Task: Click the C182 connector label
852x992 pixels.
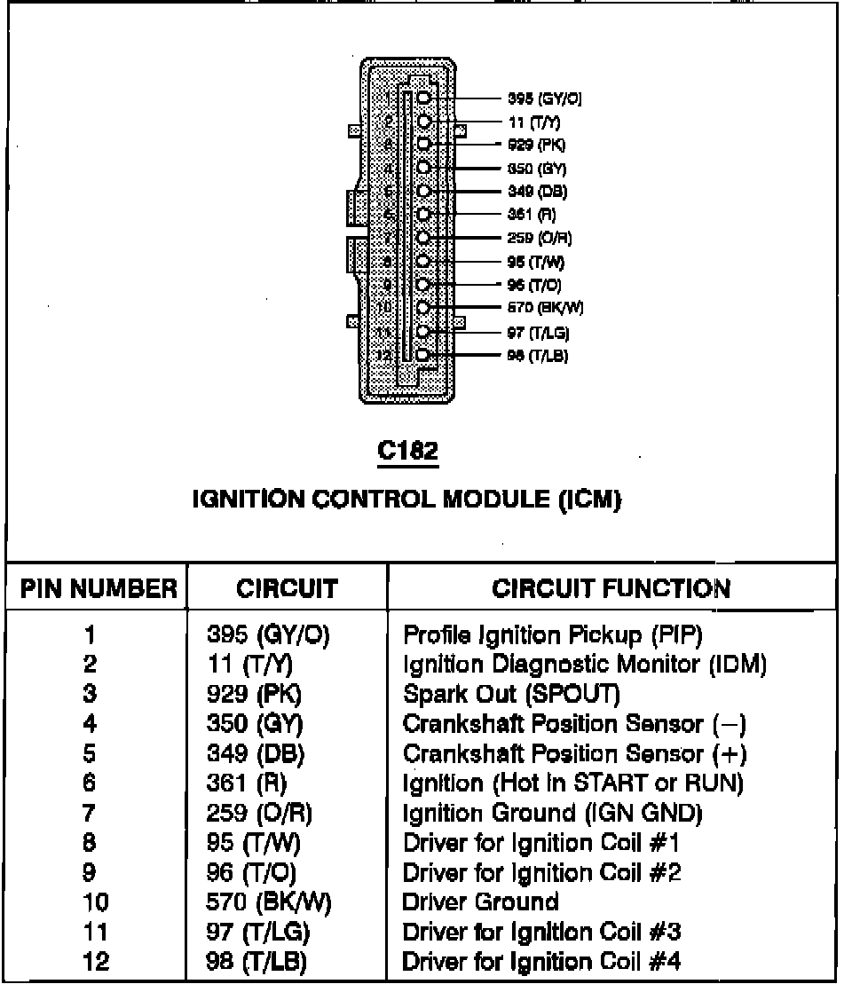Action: click(407, 451)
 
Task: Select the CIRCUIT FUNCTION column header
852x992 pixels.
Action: click(611, 589)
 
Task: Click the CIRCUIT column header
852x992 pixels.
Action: click(287, 589)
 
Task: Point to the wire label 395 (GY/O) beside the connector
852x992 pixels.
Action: click(544, 99)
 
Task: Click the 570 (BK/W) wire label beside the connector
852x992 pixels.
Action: click(545, 308)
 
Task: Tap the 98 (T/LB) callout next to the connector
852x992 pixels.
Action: click(537, 356)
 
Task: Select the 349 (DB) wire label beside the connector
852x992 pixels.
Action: click(537, 192)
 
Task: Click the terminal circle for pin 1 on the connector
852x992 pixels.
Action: click(424, 98)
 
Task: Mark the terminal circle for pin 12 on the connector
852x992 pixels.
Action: click(423, 355)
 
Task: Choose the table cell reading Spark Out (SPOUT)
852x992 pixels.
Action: click(511, 694)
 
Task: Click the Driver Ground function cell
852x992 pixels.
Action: click(480, 902)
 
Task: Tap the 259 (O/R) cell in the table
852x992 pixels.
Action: click(259, 813)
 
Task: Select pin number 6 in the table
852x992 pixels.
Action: click(90, 783)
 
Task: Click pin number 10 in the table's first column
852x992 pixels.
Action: click(95, 902)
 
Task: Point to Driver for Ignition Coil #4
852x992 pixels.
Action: click(541, 962)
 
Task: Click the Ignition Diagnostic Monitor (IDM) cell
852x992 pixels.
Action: click(584, 664)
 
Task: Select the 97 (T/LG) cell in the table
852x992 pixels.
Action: click(258, 933)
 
